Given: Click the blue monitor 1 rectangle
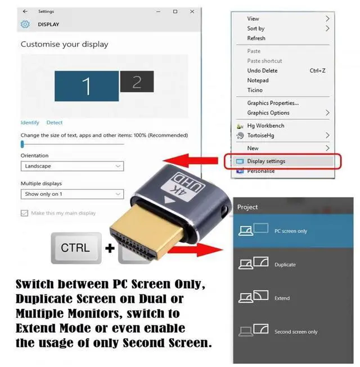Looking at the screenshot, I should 86,86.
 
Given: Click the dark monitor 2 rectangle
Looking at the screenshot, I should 136,82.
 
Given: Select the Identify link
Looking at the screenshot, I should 30,123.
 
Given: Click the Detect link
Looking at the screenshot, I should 55,123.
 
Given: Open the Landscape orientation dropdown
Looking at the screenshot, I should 72,166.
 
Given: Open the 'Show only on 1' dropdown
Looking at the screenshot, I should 72,194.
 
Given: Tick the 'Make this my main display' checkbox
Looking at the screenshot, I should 24,213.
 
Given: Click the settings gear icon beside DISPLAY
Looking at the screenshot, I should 25,24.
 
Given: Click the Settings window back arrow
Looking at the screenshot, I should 25,11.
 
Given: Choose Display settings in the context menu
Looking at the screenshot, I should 266,161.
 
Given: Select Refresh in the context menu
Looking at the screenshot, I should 256,38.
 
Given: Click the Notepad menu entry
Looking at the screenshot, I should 258,80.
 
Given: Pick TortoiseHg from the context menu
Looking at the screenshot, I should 260,136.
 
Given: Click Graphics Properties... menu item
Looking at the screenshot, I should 273,103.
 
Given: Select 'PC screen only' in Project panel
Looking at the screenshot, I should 290,231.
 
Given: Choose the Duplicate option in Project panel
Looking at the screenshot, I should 285,265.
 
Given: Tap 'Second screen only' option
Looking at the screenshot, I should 295,332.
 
